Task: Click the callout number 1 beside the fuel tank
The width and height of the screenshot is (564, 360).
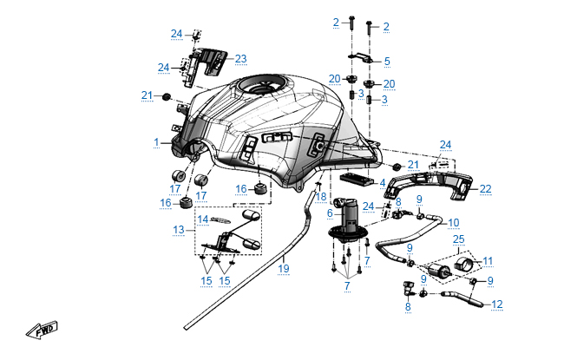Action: tap(157, 141)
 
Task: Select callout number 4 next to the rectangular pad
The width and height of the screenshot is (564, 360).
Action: tap(383, 182)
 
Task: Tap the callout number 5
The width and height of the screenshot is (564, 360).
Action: tap(387, 62)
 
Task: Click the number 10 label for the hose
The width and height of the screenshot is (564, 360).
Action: tap(453, 222)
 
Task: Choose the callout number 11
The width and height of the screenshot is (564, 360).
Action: tap(489, 260)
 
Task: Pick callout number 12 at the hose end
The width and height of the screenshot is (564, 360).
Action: tap(497, 304)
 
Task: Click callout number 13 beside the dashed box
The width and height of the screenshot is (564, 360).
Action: tap(179, 230)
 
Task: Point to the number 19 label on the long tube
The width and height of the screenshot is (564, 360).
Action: tap(283, 269)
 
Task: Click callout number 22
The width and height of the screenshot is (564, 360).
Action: tap(485, 187)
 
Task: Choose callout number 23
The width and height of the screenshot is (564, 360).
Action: tap(240, 59)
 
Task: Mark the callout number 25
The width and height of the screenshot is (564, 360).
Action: tap(459, 238)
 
